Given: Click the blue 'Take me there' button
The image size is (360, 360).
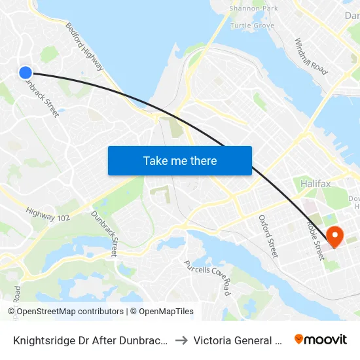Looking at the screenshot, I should click(x=179, y=160).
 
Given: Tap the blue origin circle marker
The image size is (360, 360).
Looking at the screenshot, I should click(x=26, y=73).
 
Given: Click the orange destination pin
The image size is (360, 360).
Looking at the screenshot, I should click(x=335, y=236).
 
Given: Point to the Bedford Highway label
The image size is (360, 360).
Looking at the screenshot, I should click(x=84, y=47).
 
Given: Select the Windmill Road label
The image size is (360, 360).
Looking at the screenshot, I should click(x=310, y=56).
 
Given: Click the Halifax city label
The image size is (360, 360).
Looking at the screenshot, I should click(x=315, y=184).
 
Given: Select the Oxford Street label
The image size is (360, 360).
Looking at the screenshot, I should click(x=268, y=236).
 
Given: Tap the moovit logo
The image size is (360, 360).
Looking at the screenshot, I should click(x=320, y=340).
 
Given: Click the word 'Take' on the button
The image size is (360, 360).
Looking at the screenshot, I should click(x=154, y=160).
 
